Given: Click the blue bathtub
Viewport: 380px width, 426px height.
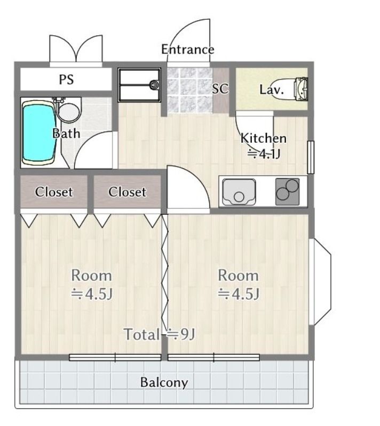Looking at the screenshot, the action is point(39,133).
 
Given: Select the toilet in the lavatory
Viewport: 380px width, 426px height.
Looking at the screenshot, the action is point(291,89).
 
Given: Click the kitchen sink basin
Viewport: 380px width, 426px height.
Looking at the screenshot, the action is point(239,192).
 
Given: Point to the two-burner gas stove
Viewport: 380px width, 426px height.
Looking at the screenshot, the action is point(288,192).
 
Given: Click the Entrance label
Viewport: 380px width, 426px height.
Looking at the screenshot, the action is point(187,50).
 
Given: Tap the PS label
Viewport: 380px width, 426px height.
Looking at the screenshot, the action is point(66,79).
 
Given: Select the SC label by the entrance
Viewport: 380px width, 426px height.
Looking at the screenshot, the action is point(220,89).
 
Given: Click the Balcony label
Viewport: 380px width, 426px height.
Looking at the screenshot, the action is point(164,382).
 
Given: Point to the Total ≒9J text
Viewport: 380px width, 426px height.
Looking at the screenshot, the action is point(160,334).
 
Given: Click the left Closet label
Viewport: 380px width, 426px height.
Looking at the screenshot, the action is point(53,192).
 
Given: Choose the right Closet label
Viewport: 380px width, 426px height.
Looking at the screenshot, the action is point(127,192).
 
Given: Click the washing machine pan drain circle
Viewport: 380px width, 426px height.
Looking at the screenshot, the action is point(154,85).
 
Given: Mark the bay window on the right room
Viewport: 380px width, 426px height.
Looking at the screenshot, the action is point(320,282).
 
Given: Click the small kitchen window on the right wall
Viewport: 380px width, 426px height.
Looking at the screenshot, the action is point(311,157).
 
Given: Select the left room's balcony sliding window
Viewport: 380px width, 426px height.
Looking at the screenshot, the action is point(115,357).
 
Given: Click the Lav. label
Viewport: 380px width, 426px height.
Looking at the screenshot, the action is point(271,89).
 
